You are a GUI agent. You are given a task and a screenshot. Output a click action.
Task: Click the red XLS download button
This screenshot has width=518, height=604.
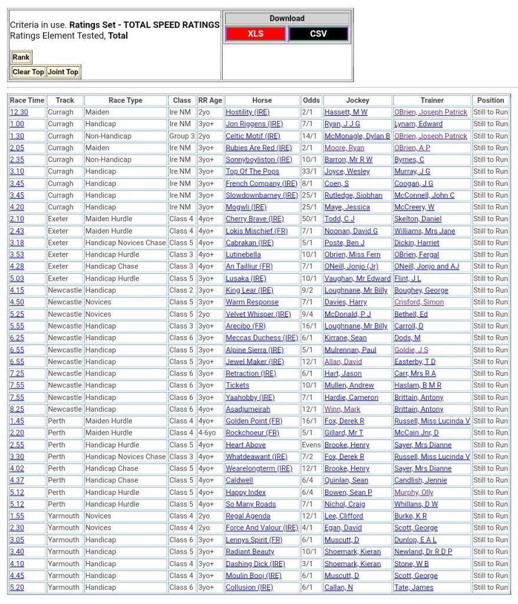pyautogui.click(x=256, y=34)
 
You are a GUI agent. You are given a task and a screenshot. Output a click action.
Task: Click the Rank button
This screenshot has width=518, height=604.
pyautogui.click(x=21, y=57)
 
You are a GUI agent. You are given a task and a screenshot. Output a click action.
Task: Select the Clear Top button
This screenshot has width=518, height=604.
pyautogui.click(x=28, y=72)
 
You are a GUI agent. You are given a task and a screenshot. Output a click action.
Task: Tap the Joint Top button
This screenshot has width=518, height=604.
pyautogui.click(x=63, y=72)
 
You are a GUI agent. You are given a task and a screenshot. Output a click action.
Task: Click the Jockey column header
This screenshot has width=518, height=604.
pyautogui.click(x=357, y=100)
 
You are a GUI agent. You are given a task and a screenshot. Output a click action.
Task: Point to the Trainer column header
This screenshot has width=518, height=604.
pyautogui.click(x=432, y=100)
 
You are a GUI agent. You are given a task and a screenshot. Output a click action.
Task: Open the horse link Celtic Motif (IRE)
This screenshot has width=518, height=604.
pyautogui.click(x=253, y=136)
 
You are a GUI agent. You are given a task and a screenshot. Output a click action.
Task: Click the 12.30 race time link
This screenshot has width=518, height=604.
pyautogui.click(x=19, y=112)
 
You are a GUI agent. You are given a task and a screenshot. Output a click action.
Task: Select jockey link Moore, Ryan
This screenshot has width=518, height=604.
pyautogui.click(x=344, y=148)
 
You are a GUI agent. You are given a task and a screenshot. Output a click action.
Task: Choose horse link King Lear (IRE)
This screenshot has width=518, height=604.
pyautogui.click(x=249, y=290)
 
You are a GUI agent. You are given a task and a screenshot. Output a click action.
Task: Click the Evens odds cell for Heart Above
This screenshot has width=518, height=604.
pyautogui.click(x=311, y=445)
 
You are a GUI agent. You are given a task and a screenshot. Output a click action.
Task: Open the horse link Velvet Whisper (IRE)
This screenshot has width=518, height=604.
pyautogui.click(x=258, y=314)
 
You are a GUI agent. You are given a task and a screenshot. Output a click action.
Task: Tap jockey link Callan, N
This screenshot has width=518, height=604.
pyautogui.click(x=339, y=587)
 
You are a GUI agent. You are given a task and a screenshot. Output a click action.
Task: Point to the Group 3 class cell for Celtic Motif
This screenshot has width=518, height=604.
pyautogui.click(x=182, y=136)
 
